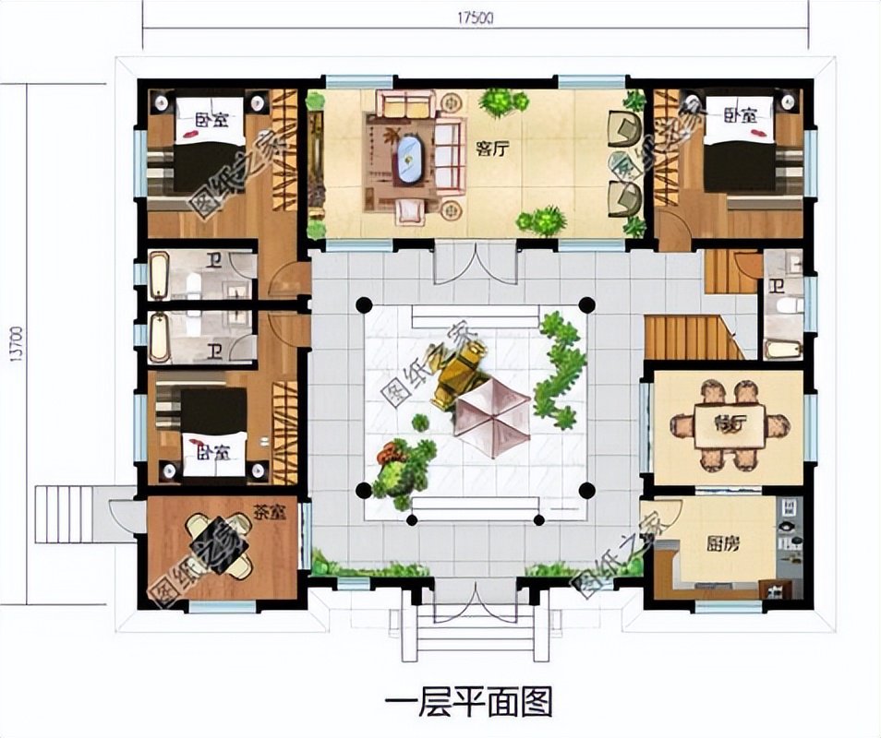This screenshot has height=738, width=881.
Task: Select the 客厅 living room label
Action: point(493,150)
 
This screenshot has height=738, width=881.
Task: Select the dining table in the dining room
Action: point(730,426)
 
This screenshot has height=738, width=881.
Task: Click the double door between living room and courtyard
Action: point(474,262)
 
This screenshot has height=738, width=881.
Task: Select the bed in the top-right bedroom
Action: point(739,148)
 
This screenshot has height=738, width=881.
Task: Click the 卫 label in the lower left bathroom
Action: point(213,350)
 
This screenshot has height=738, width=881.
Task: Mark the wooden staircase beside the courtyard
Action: point(693,338)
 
